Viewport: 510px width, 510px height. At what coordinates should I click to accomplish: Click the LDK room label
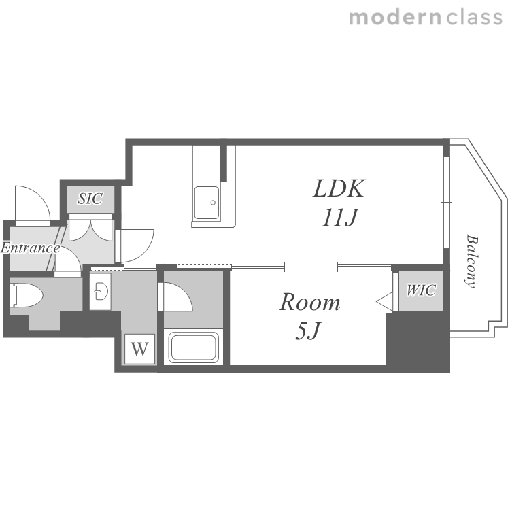click(x=339, y=188)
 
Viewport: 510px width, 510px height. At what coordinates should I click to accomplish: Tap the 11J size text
click(x=340, y=218)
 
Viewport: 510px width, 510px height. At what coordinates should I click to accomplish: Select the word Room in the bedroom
click(x=309, y=302)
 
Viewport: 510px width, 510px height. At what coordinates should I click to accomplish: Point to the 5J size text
click(x=308, y=330)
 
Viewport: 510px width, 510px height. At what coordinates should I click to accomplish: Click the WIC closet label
click(x=421, y=290)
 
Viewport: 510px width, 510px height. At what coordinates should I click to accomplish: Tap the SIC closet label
click(x=90, y=199)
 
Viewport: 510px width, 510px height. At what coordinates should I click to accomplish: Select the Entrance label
click(x=30, y=248)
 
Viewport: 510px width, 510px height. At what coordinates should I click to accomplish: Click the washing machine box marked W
click(x=139, y=349)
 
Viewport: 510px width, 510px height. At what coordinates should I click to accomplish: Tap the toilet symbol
click(x=27, y=295)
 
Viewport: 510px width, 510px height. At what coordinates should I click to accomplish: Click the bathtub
click(x=193, y=347)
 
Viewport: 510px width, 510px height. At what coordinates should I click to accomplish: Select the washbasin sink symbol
click(x=101, y=290)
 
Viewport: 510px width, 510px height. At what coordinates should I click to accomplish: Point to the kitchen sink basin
click(x=207, y=203)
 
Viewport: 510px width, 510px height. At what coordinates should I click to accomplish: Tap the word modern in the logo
click(x=395, y=18)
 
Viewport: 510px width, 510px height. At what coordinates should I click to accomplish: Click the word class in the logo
click(x=474, y=18)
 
